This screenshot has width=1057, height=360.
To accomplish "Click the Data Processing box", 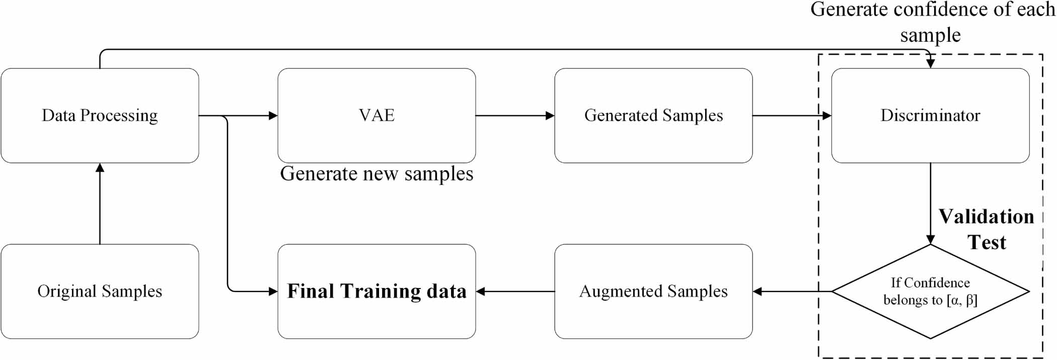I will (x=100, y=115).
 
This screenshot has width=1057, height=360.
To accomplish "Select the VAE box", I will (x=376, y=115).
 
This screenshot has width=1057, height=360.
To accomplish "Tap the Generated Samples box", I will (x=653, y=115).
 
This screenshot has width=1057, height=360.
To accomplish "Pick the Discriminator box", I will (x=930, y=115).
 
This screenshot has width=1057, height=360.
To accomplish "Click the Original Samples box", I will (x=100, y=291).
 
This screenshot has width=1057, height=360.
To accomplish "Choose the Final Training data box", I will (x=376, y=291).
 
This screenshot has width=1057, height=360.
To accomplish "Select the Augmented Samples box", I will (x=653, y=291).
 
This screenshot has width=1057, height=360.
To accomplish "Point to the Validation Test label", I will (x=987, y=229).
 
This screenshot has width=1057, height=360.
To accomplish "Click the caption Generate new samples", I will (x=376, y=174).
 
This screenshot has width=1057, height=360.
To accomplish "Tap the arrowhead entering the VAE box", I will (x=273, y=116).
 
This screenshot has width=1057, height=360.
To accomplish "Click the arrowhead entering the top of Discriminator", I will (x=930, y=63).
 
